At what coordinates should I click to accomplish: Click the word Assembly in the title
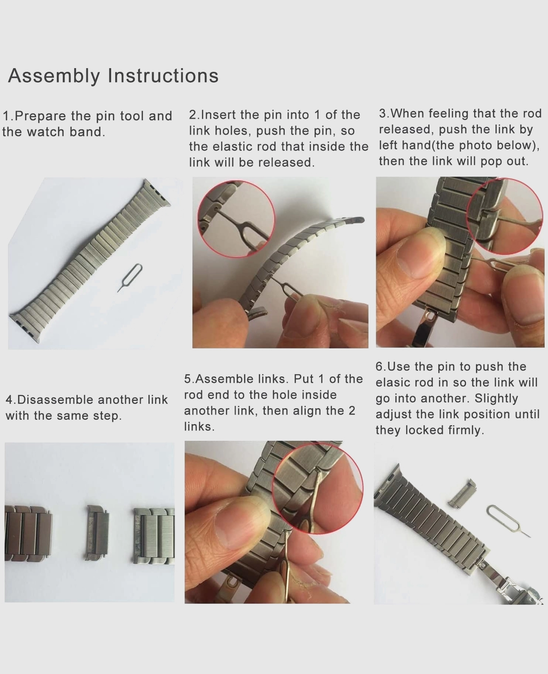pyautogui.click(x=54, y=76)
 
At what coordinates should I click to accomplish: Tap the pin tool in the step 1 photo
pyautogui.click(x=130, y=277)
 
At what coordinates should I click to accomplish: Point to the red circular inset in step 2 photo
pyautogui.click(x=236, y=219)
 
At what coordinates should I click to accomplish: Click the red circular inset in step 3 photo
pyautogui.click(x=505, y=216)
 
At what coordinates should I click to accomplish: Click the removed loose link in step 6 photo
pyautogui.click(x=462, y=493)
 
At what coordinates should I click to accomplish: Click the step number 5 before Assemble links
pyautogui.click(x=188, y=379)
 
